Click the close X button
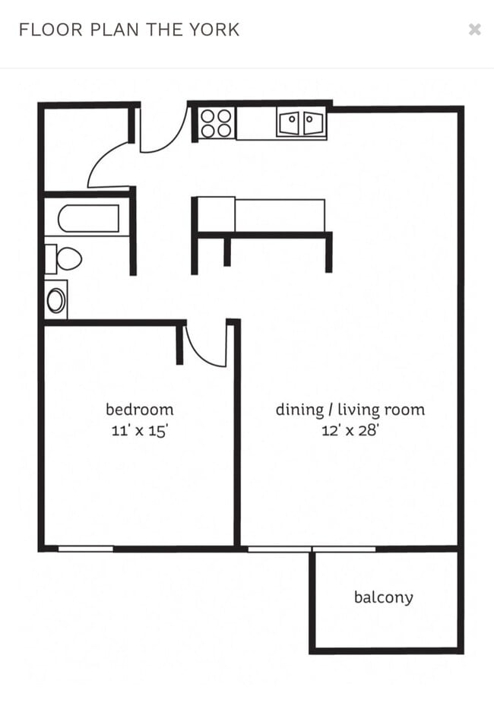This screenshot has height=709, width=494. pos(474,30)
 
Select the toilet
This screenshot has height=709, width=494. pos(64,259)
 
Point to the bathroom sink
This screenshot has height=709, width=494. pos(56,299)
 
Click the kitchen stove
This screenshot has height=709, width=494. pos(217,123)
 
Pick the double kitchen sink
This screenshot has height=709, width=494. pos(301,123)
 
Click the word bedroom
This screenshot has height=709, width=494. pos(139,410)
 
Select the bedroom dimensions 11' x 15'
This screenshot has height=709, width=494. pos(139,430)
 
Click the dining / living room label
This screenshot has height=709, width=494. pos(350,410)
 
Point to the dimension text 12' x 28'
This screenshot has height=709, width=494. pos(350,430)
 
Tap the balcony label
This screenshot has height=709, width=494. pos(384,597)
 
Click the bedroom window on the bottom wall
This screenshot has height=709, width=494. pos(85,548)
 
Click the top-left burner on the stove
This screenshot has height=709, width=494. pos(209,116)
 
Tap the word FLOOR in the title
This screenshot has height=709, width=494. pos(45,30)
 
